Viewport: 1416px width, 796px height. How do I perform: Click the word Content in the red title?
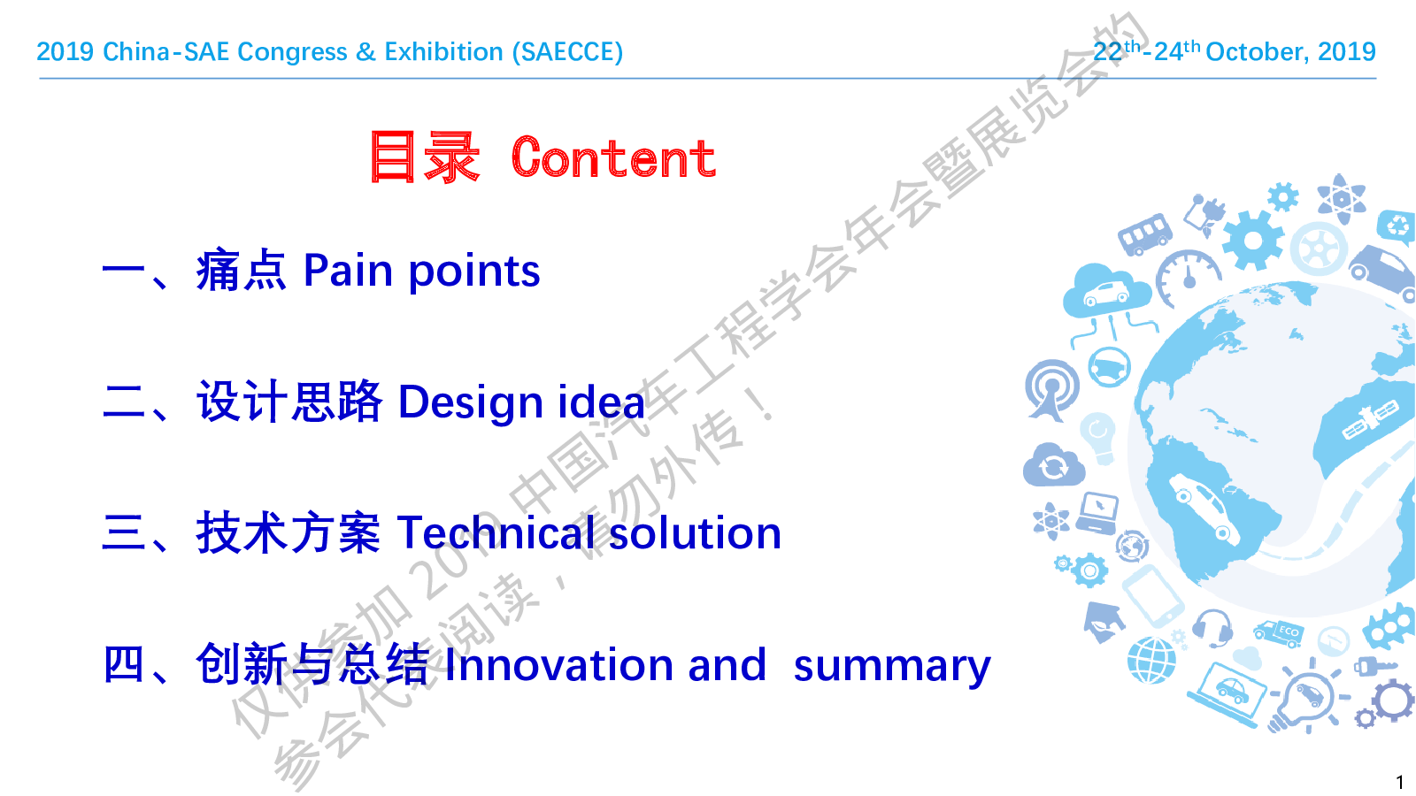(613, 158)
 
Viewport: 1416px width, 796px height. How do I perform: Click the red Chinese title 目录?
(425, 157)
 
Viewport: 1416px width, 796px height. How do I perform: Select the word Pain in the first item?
(349, 271)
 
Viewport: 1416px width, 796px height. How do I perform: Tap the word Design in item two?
(470, 403)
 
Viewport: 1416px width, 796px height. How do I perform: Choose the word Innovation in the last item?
(558, 664)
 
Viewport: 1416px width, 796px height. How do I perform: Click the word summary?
(892, 668)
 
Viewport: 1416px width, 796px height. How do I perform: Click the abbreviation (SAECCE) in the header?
(567, 52)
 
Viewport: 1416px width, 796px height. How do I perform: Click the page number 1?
(1400, 782)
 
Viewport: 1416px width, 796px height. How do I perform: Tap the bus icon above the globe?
(1145, 233)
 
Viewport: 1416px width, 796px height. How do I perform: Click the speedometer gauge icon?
(1188, 276)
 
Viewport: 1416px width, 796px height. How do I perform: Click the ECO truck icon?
(1279, 632)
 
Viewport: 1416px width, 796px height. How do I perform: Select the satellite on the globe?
(1371, 420)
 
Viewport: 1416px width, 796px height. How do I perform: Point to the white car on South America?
(1204, 508)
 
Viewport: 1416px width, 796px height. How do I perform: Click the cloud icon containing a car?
(1106, 291)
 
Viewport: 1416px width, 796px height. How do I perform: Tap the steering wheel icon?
(1110, 367)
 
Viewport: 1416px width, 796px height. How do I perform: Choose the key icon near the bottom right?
(1374, 666)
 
